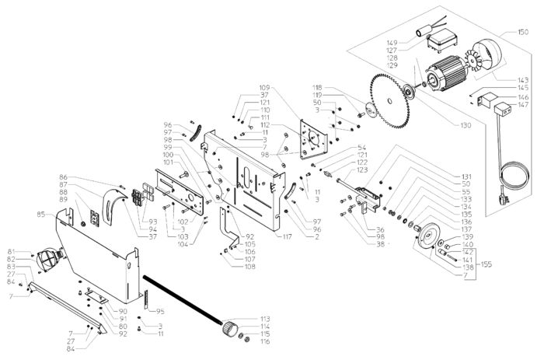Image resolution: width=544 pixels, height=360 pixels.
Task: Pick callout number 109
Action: [x=264, y=87]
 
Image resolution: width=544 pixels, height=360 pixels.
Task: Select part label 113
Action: [x=265, y=319]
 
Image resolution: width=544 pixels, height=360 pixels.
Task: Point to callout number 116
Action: [x=265, y=342]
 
